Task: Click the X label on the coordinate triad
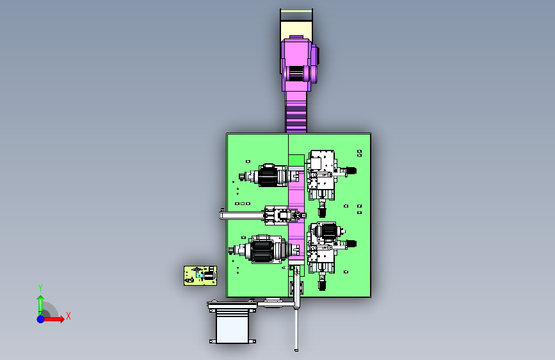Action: click(68, 316)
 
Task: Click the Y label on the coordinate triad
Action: click(40, 288)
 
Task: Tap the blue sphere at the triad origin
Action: click(41, 319)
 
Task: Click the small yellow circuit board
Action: click(200, 275)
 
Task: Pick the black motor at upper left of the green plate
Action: click(268, 176)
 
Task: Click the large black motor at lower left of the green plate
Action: click(262, 250)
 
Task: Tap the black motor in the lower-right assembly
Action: click(328, 231)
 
